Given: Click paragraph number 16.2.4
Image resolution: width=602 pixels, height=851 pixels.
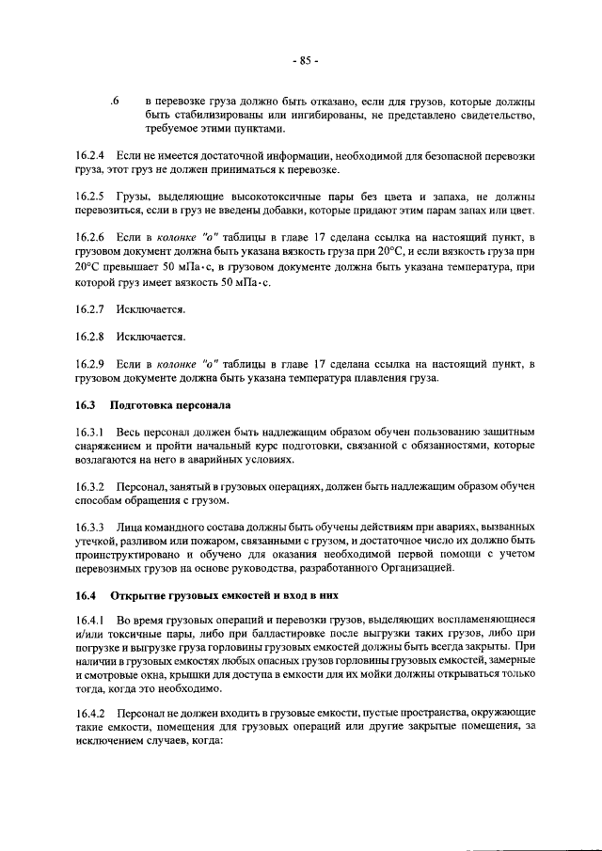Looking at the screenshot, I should (89, 154).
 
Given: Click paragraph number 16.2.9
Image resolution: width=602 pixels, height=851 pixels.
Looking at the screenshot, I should (89, 364).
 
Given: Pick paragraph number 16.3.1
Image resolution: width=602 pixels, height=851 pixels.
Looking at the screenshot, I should (89, 432).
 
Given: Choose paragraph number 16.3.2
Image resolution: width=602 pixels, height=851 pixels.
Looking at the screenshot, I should (89, 486).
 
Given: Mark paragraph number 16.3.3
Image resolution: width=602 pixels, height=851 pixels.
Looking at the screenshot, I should (89, 528).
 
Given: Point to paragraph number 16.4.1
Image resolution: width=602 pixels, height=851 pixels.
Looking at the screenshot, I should (89, 622).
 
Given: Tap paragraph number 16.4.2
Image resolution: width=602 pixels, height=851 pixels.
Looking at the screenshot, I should (89, 718).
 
